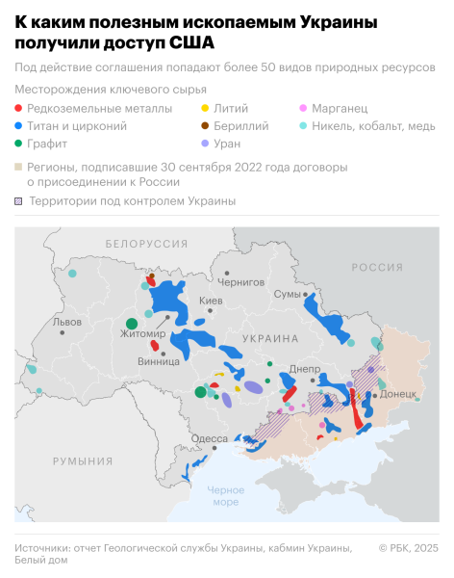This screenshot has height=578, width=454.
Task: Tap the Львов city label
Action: (x=68, y=322)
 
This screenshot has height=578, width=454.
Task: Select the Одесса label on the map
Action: (x=210, y=438)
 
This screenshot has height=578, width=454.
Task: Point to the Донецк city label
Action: (x=397, y=394)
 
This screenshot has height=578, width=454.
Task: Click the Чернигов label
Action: (x=240, y=282)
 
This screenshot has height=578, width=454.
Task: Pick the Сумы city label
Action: (x=287, y=294)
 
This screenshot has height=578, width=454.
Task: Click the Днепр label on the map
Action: (x=304, y=369)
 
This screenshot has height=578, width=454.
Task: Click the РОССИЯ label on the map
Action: (x=376, y=267)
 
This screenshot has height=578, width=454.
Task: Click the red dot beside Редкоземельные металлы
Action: (x=19, y=108)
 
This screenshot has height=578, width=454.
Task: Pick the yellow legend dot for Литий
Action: (x=204, y=108)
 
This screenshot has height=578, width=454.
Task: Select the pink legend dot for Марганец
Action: (x=304, y=108)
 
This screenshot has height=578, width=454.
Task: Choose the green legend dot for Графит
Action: (x=19, y=144)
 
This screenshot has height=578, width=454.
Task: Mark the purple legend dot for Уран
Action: (x=204, y=144)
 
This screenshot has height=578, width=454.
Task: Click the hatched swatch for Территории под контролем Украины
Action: (x=19, y=201)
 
